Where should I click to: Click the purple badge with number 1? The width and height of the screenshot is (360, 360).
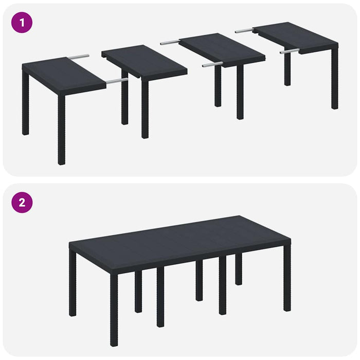[x=22, y=23]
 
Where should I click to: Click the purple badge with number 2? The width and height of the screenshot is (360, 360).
[x=22, y=202]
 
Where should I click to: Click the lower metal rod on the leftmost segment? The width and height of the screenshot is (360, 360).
[x=117, y=81]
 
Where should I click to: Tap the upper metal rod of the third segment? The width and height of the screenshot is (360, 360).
[x=170, y=42]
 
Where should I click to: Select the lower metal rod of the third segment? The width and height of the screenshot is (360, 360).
[x=212, y=65]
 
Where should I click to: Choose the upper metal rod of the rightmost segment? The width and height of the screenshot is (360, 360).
[x=244, y=31]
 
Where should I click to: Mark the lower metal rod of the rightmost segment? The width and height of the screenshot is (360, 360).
[x=289, y=51]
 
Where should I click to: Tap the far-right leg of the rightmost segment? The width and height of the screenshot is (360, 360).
[x=335, y=77]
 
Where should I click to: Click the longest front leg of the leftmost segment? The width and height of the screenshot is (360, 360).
[x=62, y=129]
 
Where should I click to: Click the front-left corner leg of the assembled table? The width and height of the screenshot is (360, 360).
[x=114, y=309]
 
